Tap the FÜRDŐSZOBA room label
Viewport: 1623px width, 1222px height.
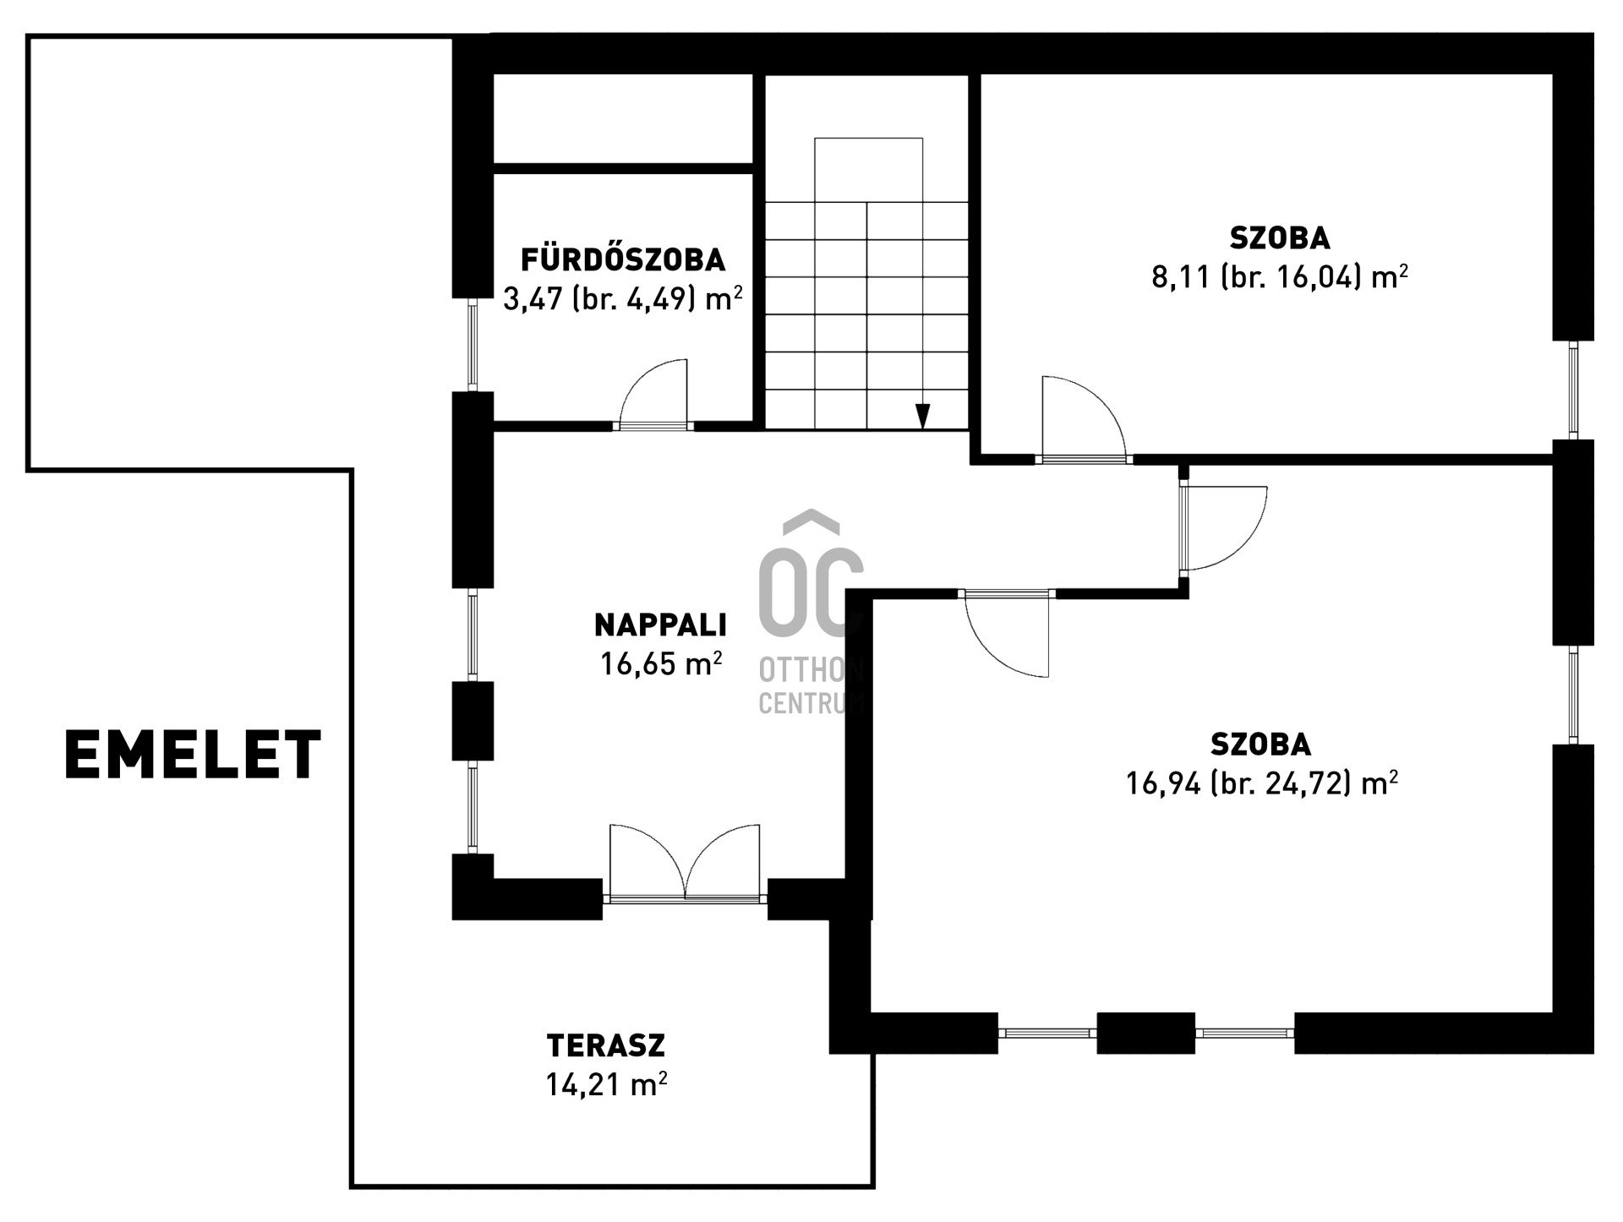(x=623, y=259)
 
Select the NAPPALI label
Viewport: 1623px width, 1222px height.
(x=660, y=625)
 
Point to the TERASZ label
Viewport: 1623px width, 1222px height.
(x=606, y=1045)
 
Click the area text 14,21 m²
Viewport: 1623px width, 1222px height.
(x=606, y=1084)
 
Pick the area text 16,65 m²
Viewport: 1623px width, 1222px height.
(x=661, y=664)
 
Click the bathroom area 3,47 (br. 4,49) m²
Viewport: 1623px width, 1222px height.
(x=623, y=298)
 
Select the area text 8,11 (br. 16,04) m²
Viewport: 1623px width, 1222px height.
(x=1280, y=276)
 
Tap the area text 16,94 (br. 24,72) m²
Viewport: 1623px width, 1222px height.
(x=1261, y=783)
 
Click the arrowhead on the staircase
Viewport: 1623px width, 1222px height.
(x=923, y=417)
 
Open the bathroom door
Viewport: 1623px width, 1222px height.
(x=653, y=395)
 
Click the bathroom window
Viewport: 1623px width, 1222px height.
(x=473, y=345)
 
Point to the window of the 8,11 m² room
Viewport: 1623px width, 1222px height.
(x=1573, y=390)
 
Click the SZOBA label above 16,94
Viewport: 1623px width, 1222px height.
(x=1261, y=745)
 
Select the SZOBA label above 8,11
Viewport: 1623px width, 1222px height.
(x=1280, y=238)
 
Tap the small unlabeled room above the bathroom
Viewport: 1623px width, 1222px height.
(x=623, y=118)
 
